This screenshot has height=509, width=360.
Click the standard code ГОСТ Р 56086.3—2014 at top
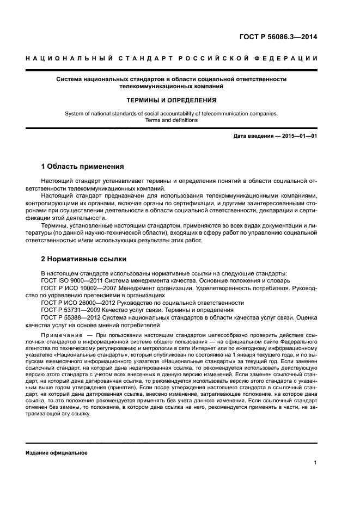tap(278, 38)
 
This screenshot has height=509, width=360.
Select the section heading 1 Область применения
tap(82, 166)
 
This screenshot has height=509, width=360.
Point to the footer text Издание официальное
tap(57, 453)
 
